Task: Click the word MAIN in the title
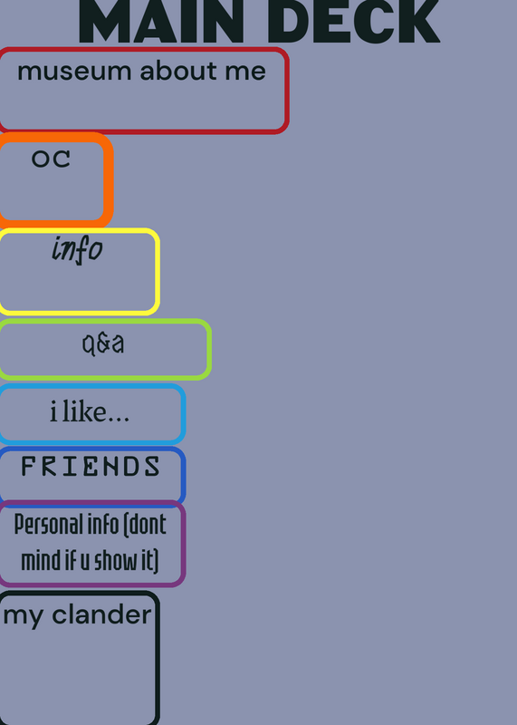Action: point(162,21)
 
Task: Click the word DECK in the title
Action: point(359,21)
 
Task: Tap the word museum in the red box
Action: point(74,72)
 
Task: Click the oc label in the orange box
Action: point(51,159)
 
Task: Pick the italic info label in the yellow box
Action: point(77,250)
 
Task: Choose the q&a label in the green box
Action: point(103,344)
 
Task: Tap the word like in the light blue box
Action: point(82,411)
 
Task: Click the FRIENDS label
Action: point(91,466)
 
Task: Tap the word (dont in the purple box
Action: point(148,525)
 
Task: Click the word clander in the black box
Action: point(101,615)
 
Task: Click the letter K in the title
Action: point(417,21)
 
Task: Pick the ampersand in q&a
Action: point(103,344)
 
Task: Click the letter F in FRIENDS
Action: point(29,466)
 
